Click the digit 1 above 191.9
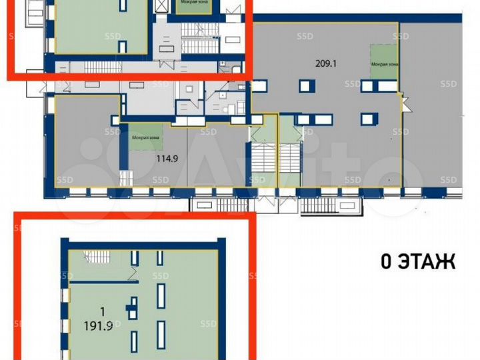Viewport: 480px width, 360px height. click(101, 311)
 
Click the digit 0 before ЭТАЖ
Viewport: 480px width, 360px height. click(386, 261)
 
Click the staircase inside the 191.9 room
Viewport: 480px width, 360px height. click(99, 256)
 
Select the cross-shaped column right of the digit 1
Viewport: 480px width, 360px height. click(134, 307)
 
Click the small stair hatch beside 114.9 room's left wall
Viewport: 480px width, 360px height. click(124, 179)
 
